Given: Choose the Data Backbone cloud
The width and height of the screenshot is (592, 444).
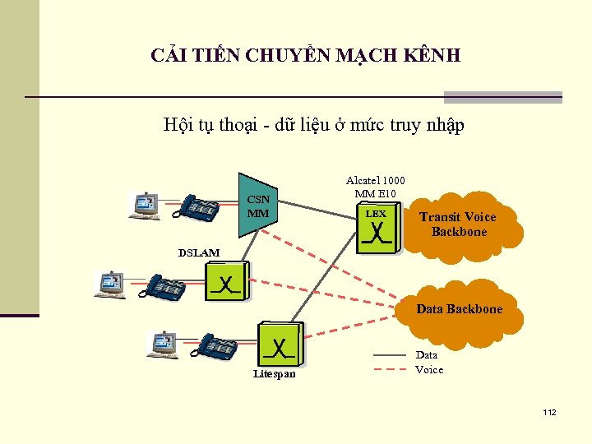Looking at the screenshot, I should click(x=459, y=310).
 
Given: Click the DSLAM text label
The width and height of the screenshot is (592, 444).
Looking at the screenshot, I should click(x=199, y=252).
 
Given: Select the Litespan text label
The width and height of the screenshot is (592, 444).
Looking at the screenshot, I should click(x=275, y=374).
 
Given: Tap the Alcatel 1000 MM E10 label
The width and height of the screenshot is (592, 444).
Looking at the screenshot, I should click(x=375, y=187).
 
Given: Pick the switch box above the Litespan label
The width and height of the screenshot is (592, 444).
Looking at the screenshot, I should click(x=280, y=344).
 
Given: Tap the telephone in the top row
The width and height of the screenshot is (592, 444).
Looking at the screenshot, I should click(x=201, y=207).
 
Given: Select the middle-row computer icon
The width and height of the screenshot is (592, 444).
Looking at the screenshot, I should click(x=110, y=283).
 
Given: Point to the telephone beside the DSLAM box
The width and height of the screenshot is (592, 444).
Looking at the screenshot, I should click(x=165, y=286).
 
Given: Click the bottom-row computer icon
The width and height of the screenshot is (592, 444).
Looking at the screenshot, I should click(x=163, y=344).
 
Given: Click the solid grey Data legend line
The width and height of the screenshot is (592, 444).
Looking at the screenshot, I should click(x=391, y=355).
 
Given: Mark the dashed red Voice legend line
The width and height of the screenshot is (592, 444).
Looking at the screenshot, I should click(x=391, y=369).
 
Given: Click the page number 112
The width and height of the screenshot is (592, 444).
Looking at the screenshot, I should click(x=549, y=412).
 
